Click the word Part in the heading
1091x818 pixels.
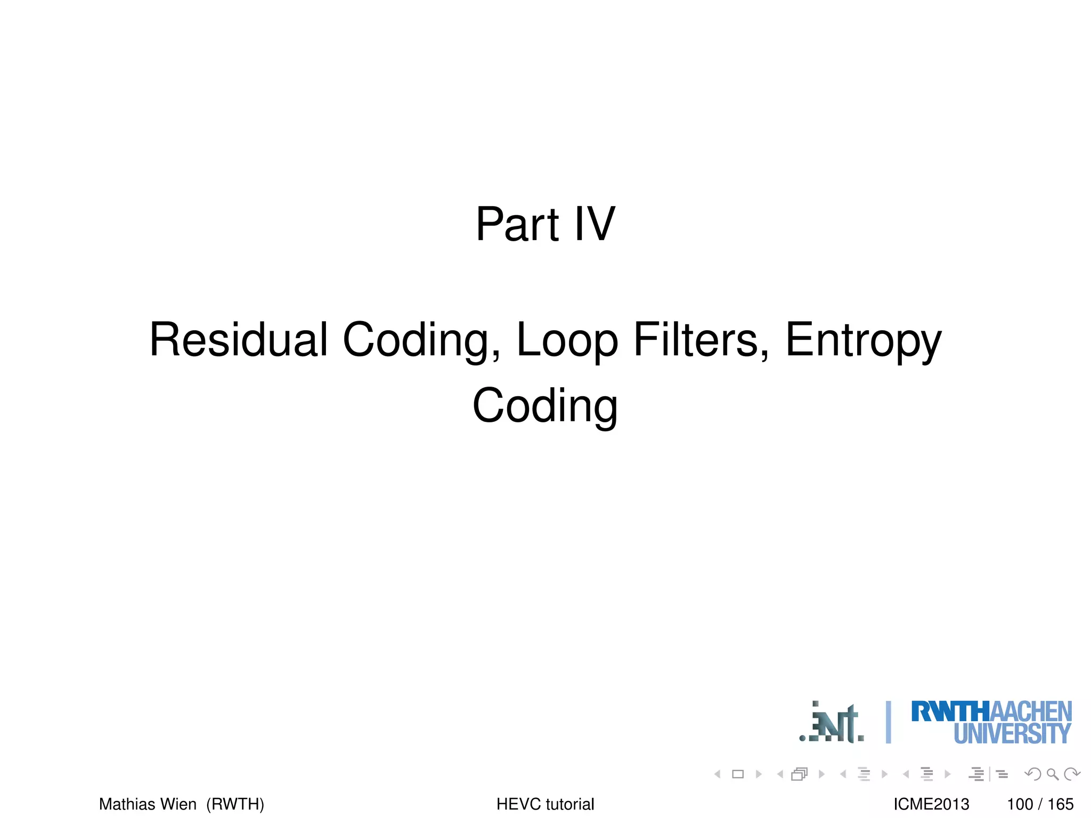(x=517, y=224)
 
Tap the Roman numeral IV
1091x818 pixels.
(x=595, y=224)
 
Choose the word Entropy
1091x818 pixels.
(x=863, y=341)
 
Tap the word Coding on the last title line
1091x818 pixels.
(x=545, y=406)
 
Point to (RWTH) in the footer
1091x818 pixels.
(x=235, y=804)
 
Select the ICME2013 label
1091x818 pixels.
(x=931, y=804)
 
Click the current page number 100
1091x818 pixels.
(x=1020, y=804)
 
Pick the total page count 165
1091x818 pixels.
(x=1060, y=804)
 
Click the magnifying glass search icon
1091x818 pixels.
(x=1052, y=774)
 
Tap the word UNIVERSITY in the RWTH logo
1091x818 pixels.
(x=1012, y=734)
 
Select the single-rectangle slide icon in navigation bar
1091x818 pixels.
(x=738, y=774)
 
